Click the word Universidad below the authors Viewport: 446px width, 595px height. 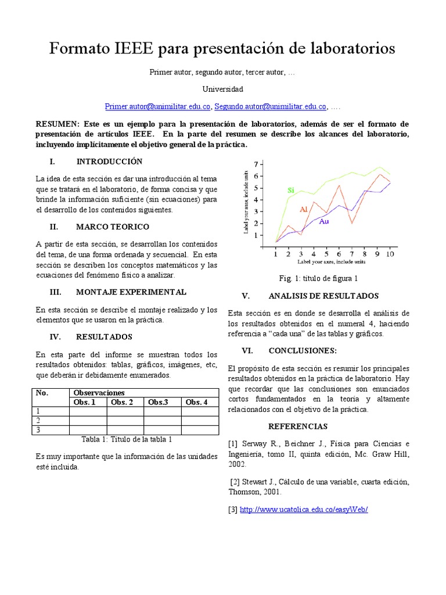click(x=223, y=89)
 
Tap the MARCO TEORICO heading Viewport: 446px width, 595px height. click(x=112, y=226)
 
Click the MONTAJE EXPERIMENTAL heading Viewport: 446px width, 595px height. click(x=131, y=292)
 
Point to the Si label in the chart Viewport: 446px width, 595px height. click(x=291, y=190)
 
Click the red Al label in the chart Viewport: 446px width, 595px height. click(x=304, y=209)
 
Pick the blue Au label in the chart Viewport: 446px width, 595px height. click(x=324, y=221)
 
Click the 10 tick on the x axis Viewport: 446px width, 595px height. click(x=390, y=255)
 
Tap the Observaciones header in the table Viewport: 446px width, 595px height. click(x=96, y=393)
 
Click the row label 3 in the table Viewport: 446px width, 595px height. click(x=38, y=429)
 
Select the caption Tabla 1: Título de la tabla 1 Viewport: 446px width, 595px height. click(x=127, y=439)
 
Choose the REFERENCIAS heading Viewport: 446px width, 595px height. click(x=298, y=426)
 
